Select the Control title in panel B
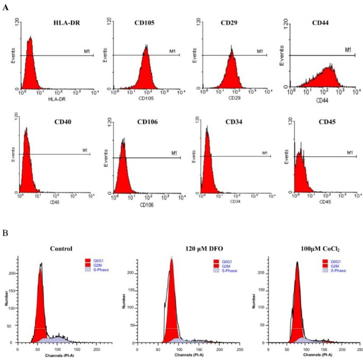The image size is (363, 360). tap(61, 249)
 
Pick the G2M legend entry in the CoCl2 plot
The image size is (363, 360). tap(338, 266)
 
